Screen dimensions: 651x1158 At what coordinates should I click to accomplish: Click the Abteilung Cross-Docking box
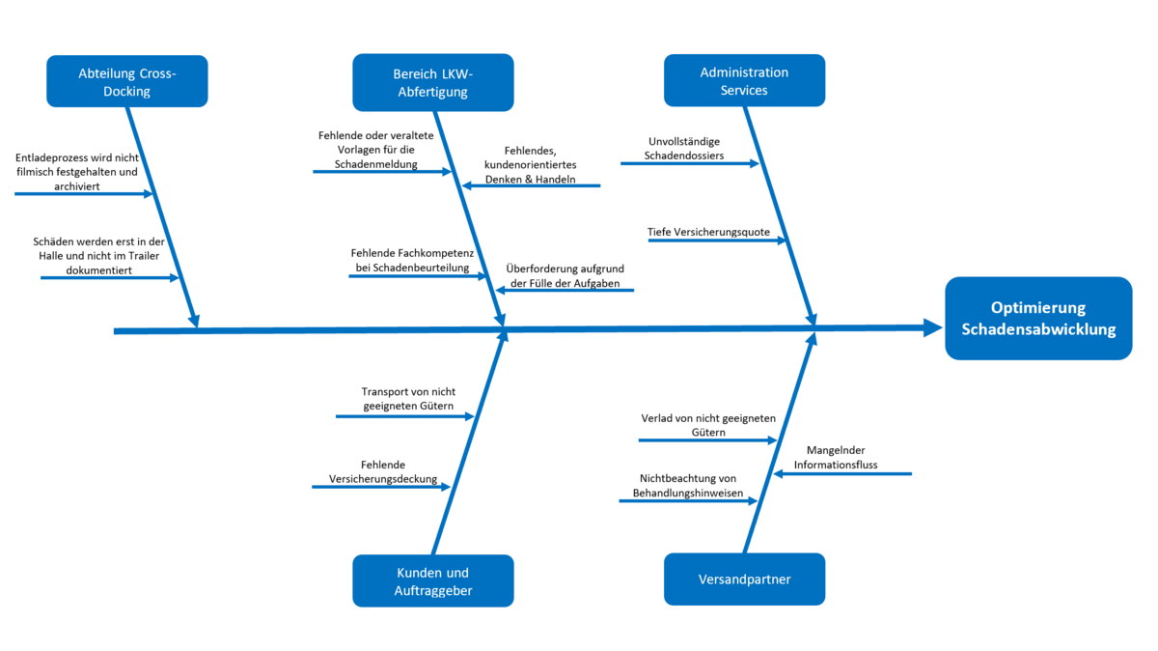coord(127,81)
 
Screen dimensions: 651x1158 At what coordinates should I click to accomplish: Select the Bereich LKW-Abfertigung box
coord(432,82)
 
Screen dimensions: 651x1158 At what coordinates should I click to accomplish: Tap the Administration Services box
coord(744,81)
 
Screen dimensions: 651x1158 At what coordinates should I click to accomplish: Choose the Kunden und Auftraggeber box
coord(432,580)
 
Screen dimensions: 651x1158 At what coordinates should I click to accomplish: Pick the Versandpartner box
coord(744,580)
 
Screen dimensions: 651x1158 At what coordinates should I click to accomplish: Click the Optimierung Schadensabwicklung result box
coord(1038,319)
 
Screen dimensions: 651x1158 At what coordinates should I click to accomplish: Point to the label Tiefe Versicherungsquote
coord(709,232)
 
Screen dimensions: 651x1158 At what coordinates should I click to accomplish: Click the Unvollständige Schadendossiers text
coord(685,148)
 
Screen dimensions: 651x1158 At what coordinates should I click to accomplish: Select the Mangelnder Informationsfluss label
coord(836,457)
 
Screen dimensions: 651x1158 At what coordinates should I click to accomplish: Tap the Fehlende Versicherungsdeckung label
coord(383,471)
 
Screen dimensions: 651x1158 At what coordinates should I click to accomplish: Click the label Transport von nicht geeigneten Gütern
coord(407,399)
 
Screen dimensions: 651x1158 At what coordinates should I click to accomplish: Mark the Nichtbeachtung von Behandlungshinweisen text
coord(687,486)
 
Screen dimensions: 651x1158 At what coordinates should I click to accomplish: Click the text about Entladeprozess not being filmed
coord(76,171)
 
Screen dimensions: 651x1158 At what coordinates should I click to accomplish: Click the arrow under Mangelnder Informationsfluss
coord(841,473)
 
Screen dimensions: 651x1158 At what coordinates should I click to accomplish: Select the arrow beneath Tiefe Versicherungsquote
coord(717,241)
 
